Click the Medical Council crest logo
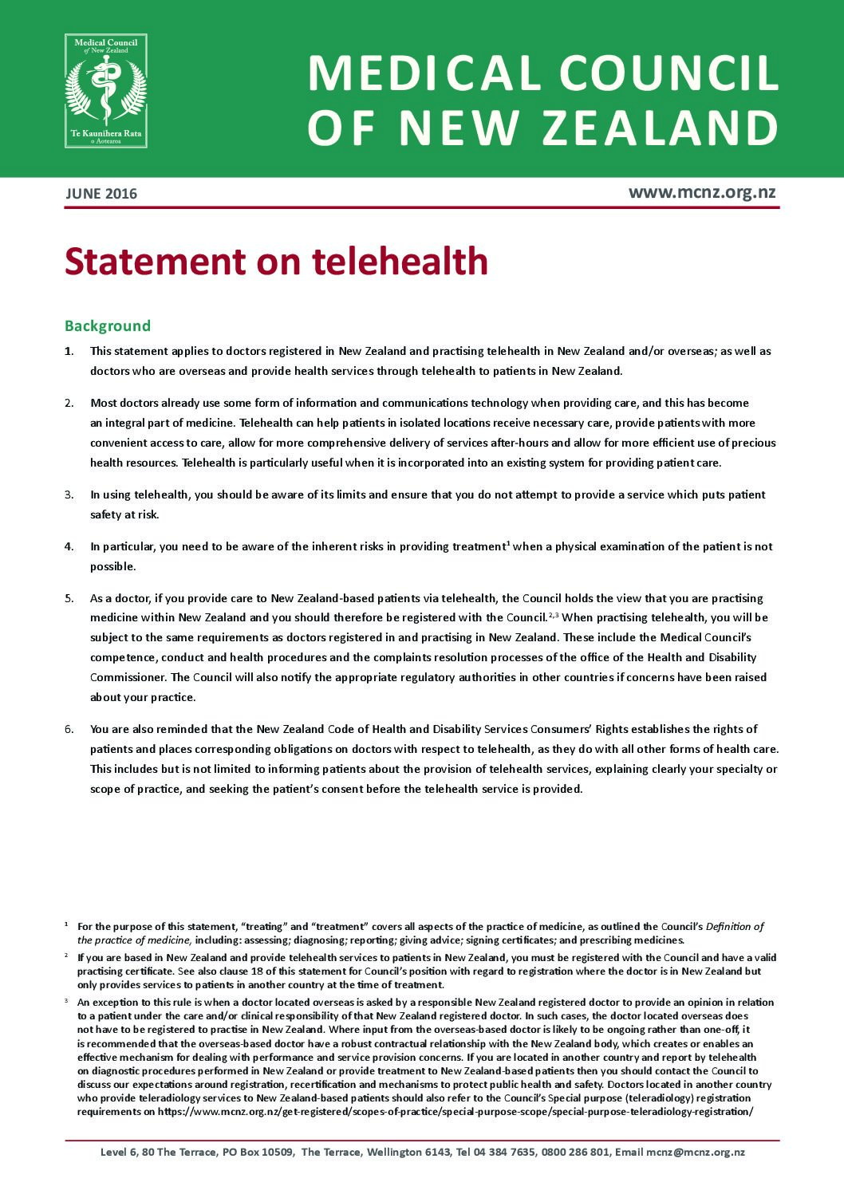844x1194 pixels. (x=106, y=90)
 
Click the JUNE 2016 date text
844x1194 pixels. (x=101, y=194)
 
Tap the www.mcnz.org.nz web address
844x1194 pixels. (x=701, y=192)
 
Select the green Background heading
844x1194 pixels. (x=108, y=325)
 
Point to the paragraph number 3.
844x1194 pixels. (x=69, y=495)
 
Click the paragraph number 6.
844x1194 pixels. (x=69, y=729)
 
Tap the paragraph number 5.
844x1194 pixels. (x=69, y=598)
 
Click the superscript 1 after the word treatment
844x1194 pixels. (x=508, y=543)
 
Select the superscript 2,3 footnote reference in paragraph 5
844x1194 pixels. (x=554, y=614)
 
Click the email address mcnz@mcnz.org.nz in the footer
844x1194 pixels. (x=696, y=1152)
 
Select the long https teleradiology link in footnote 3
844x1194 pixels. (x=455, y=1111)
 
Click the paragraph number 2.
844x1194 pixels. (x=69, y=403)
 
